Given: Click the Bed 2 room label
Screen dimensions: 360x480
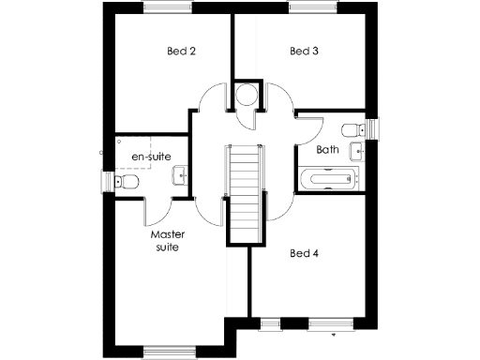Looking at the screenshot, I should coord(181,51).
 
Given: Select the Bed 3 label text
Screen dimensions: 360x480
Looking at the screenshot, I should coord(305,51).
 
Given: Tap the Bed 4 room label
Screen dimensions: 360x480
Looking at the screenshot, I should coord(305,253).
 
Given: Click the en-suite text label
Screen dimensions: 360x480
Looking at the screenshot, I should coord(150,156).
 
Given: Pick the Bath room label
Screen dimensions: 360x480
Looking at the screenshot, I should coord(327,149).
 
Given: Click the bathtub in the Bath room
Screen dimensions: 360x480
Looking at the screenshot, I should coord(329,178).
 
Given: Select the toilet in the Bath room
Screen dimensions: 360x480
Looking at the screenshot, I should coord(352,129).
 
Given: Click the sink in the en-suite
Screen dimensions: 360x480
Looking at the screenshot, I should coord(181,172).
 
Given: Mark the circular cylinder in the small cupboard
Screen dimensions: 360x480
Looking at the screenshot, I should coord(247,96).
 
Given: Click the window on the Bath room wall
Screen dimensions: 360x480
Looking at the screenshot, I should coord(370,129).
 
